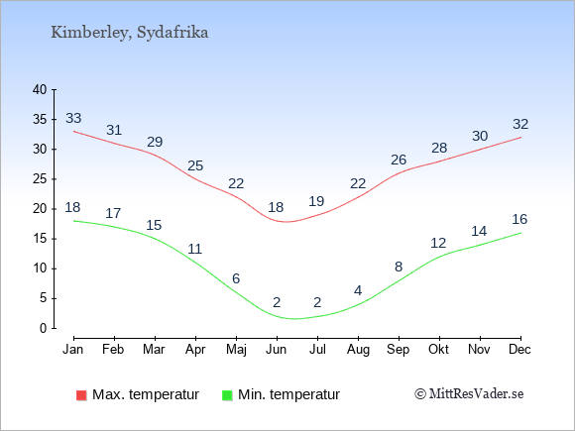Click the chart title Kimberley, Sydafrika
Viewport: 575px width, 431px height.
pos(130,33)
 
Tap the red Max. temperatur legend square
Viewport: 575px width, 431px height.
pos(81,395)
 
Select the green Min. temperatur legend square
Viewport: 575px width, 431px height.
pos(227,395)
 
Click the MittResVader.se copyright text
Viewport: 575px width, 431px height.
pos(469,393)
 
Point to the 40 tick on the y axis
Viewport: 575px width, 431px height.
pos(40,89)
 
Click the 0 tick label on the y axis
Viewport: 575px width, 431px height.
pos(44,328)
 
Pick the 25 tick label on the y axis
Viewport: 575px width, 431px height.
pos(40,179)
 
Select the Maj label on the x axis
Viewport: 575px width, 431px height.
pos(236,350)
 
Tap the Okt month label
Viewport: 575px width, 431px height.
pos(438,349)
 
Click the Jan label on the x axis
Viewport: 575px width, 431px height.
pos(73,349)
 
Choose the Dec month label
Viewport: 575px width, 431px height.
pos(519,349)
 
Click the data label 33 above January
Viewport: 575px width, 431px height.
pos(73,118)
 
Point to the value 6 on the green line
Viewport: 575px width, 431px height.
pos(236,278)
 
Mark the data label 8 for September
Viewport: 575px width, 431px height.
pos(399,267)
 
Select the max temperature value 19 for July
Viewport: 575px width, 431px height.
pos(316,201)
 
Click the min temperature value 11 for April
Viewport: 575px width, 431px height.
pos(194,249)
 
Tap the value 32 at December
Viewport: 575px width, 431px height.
pos(520,124)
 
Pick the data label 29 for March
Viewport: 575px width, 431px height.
pos(155,142)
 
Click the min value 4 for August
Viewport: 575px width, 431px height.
pos(358,290)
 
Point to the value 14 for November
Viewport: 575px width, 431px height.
pos(479,231)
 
